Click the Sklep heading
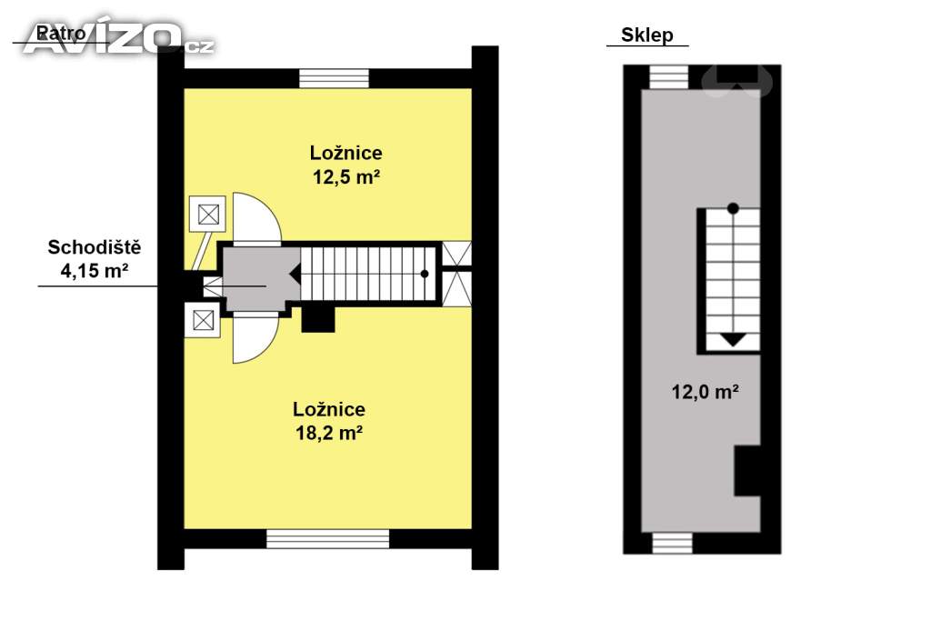tap(646, 35)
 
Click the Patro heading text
tap(61, 34)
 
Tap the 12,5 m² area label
tap(345, 177)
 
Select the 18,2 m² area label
tap(328, 434)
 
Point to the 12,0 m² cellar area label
tap(705, 393)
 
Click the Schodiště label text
tap(94, 247)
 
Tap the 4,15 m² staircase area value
tap(94, 270)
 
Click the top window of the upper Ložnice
tap(334, 78)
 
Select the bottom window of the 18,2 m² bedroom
tap(328, 539)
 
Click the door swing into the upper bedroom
tap(255, 218)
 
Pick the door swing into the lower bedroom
tap(255, 336)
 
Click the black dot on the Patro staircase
tap(424, 273)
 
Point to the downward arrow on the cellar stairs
tap(733, 340)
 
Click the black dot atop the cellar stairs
tap(733, 208)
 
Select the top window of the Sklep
tap(669, 77)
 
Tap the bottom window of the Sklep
tap(672, 543)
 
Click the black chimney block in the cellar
tap(746, 470)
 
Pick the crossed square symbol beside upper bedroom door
tap(208, 215)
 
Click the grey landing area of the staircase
tap(255, 277)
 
